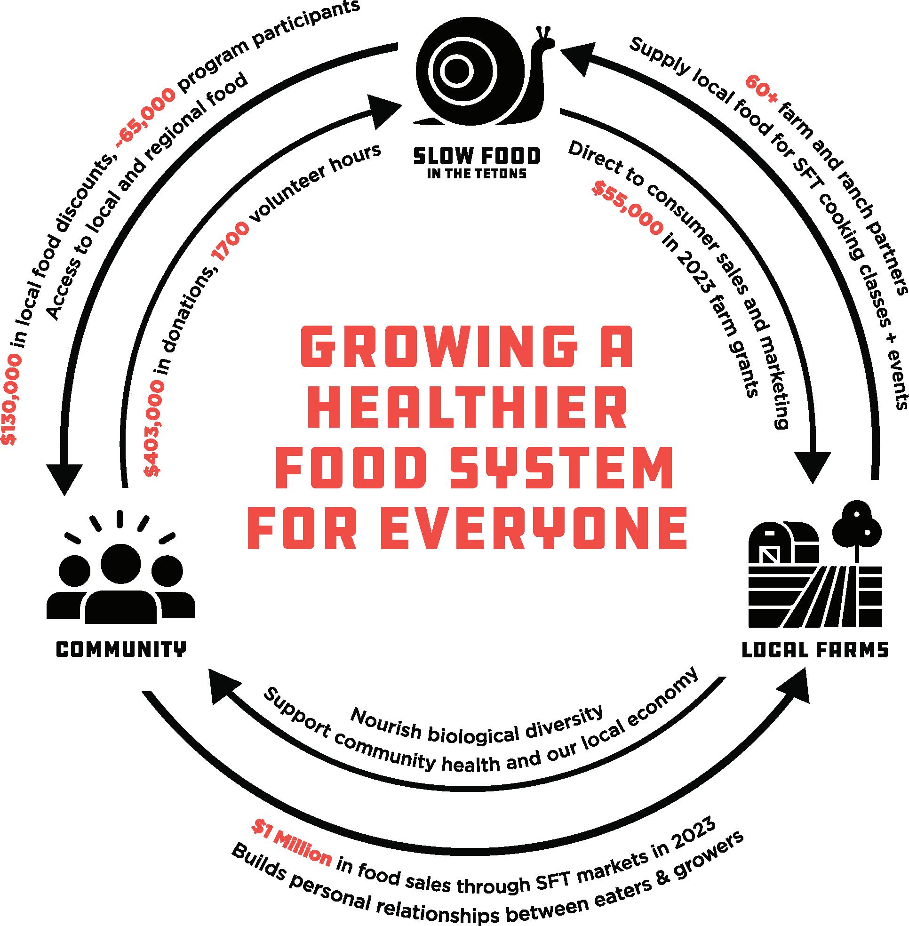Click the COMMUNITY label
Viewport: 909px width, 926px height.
pyautogui.click(x=121, y=649)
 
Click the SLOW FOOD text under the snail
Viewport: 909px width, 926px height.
pyautogui.click(x=477, y=156)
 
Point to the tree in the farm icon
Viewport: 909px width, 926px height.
pyautogui.click(x=857, y=525)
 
